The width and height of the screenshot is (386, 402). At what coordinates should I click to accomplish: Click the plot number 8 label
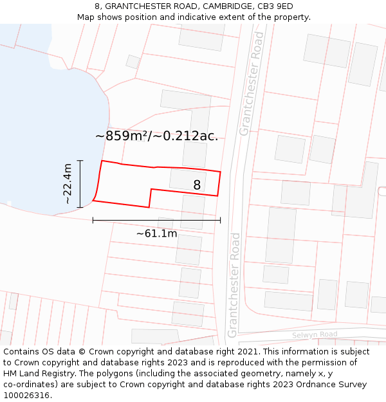point(197,185)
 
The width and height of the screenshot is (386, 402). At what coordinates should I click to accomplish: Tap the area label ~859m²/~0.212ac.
point(156,136)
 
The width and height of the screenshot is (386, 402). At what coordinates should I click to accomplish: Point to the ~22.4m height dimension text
point(68,184)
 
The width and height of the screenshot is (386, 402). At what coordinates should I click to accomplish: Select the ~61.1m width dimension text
point(156,233)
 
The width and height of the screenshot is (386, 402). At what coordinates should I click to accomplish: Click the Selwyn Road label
point(315,334)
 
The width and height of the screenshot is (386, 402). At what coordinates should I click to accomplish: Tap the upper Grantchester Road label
point(252,83)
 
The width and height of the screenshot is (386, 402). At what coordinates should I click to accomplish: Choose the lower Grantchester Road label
point(233,285)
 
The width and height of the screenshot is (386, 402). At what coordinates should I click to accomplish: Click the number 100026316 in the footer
point(27,396)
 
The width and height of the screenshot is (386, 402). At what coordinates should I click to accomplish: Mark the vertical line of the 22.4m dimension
point(80,184)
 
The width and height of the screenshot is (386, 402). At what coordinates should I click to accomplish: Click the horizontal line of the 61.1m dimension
point(156,220)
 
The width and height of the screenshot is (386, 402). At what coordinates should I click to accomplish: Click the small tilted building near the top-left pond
point(133,62)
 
